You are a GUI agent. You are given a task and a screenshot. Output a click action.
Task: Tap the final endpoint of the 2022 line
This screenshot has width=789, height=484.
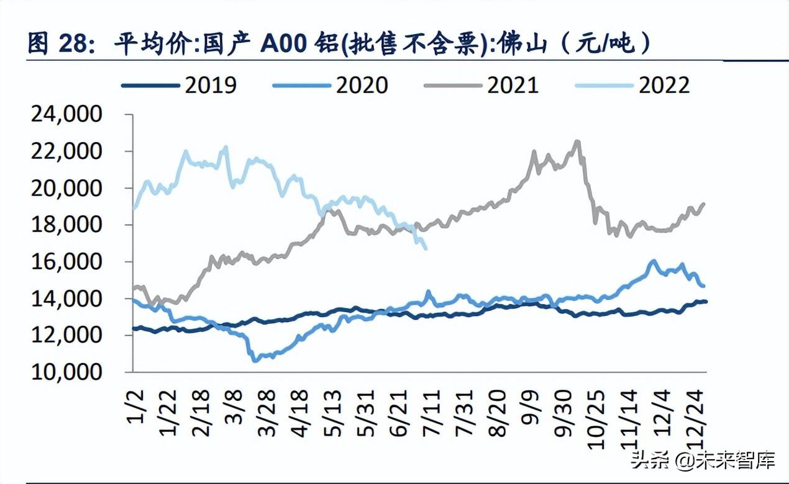pyautogui.click(x=426, y=249)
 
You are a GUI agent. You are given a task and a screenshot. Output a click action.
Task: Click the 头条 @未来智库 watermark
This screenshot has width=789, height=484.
pyautogui.click(x=703, y=460)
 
